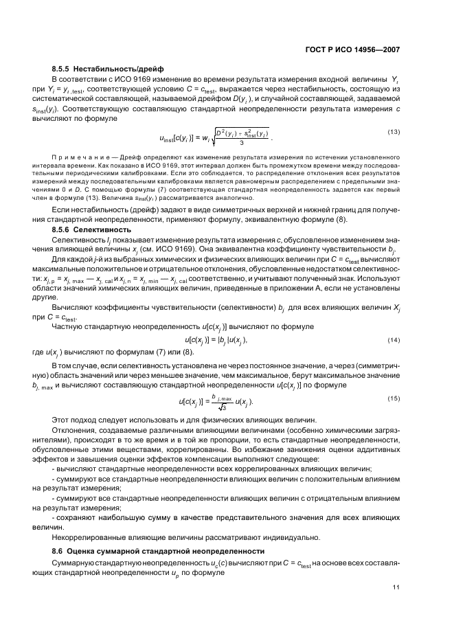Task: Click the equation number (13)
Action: pyautogui.click(x=394, y=132)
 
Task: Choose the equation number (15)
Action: pyautogui.click(x=394, y=398)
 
